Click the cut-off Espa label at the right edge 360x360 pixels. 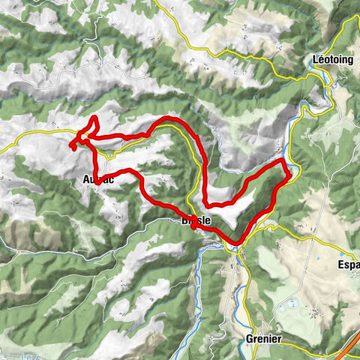coord(348,265)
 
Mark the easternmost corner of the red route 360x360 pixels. coord(290,176)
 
